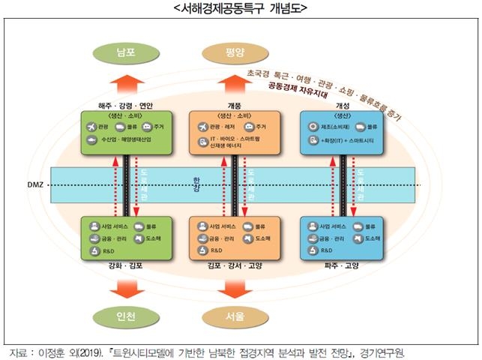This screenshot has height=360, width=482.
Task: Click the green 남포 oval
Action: coord(125,52)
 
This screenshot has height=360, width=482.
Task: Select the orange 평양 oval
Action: coord(235,52)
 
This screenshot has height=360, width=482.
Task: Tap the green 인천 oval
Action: coord(125,316)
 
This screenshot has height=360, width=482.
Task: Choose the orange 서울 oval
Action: coord(235,316)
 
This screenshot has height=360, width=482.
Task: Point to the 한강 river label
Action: coord(198,184)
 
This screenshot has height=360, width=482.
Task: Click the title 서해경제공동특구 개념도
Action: coord(240,8)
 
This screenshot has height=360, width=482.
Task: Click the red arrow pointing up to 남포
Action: coord(125,84)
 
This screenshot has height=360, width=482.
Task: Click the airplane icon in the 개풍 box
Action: coord(202,126)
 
